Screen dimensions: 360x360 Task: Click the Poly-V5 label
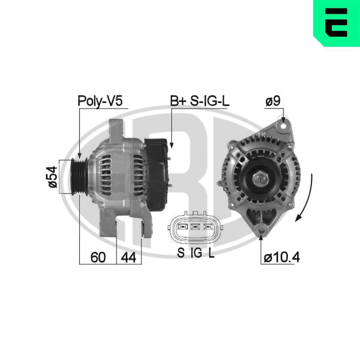[100, 101]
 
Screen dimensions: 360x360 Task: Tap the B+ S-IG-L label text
[199, 101]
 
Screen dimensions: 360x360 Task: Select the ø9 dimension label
[274, 102]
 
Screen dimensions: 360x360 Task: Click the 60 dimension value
[98, 257]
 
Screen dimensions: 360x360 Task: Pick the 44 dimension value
[129, 257]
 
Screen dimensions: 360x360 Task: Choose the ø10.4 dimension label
[282, 257]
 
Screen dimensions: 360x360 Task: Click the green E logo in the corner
[337, 22]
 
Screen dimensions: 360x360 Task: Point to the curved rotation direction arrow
[306, 198]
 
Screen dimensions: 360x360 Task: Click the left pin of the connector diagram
[181, 227]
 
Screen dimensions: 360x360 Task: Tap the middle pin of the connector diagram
[195, 227]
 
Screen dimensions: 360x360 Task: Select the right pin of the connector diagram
[208, 227]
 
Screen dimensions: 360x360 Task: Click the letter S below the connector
[181, 253]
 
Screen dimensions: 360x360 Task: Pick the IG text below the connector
[196, 253]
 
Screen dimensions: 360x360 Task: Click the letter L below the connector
[211, 253]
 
